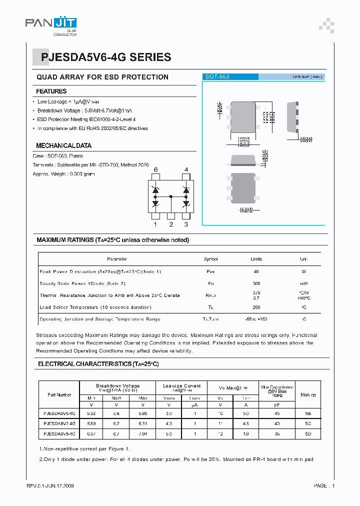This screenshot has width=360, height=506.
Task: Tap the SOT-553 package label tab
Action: pyautogui.click(x=217, y=77)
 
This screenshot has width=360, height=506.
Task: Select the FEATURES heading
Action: pyautogui.click(x=51, y=91)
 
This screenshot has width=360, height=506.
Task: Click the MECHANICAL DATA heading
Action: pyautogui.click(x=63, y=145)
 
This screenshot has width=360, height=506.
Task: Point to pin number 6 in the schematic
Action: pyautogui.click(x=155, y=170)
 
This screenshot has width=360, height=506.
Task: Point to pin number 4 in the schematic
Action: pyautogui.click(x=186, y=170)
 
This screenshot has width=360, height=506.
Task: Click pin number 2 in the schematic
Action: pyautogui.click(x=171, y=224)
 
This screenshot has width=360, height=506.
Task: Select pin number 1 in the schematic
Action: pyautogui.click(x=155, y=224)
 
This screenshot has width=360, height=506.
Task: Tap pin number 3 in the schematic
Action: pyautogui.click(x=186, y=224)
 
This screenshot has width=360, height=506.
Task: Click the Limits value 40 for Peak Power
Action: pyautogui.click(x=256, y=271)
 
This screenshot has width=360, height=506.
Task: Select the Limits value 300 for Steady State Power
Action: pyautogui.click(x=256, y=283)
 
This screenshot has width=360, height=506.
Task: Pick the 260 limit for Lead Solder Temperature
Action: pyautogui.click(x=256, y=307)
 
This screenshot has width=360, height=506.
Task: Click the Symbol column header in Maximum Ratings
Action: pyautogui.click(x=211, y=259)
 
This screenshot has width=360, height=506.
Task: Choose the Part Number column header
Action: pyautogui.click(x=59, y=395)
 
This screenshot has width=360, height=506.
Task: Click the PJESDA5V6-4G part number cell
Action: pyautogui.click(x=59, y=414)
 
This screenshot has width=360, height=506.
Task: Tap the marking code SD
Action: pyautogui.click(x=308, y=434)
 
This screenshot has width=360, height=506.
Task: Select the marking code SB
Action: pyautogui.click(x=308, y=414)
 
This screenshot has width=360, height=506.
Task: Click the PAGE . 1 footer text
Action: pyautogui.click(x=324, y=486)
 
